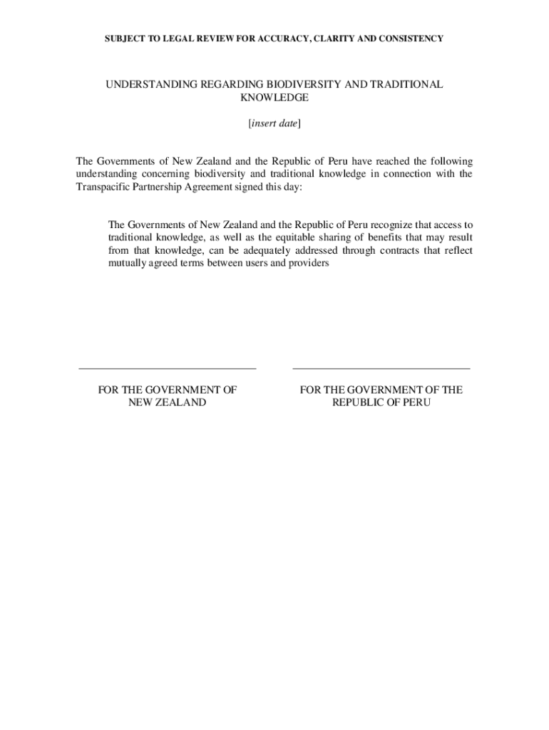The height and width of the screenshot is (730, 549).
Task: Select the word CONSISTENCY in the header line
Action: (x=408, y=38)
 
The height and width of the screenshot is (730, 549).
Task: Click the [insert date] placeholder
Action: (x=274, y=123)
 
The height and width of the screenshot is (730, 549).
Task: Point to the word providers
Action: (x=307, y=264)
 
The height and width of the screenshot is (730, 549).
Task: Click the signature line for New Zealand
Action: (x=167, y=369)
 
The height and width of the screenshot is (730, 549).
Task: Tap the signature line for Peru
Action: (x=381, y=369)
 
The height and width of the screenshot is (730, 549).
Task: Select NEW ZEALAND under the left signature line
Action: (x=167, y=403)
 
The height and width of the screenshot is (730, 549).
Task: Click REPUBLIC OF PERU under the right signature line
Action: (x=381, y=403)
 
